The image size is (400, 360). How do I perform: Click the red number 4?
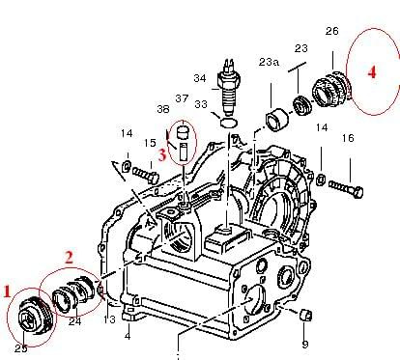click(372, 71)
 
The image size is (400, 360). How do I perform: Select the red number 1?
click(7, 291)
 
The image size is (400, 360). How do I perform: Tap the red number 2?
click(69, 258)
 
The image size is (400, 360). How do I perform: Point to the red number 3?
click(162, 155)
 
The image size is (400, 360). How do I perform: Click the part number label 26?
click(332, 31)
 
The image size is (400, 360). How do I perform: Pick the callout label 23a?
click(269, 62)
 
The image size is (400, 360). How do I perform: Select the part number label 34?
click(200, 78)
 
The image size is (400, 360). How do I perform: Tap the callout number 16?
click(348, 138)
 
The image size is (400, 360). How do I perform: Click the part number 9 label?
click(305, 345)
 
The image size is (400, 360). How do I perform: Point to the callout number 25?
click(21, 348)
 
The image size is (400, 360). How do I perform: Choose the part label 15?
click(150, 143)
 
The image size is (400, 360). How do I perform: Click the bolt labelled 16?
click(346, 189)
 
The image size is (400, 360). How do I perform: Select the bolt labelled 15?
click(146, 174)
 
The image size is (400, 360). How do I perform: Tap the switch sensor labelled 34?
click(228, 88)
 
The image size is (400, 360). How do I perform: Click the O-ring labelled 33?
click(229, 123)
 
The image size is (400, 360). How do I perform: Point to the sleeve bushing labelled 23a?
click(277, 121)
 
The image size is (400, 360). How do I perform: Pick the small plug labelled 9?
click(305, 315)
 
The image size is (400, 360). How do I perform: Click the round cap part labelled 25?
click(33, 318)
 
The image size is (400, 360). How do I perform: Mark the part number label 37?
click(182, 98)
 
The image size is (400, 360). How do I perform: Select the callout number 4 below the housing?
click(128, 336)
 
